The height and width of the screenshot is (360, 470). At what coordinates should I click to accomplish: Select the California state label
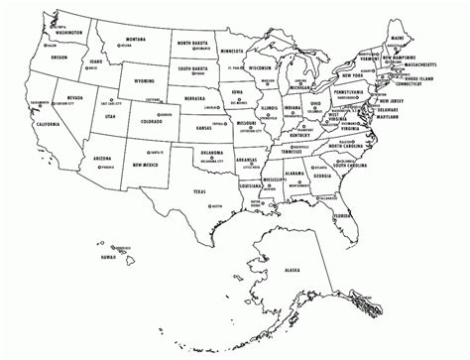click(x=47, y=124)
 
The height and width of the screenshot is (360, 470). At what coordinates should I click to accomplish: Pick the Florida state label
click(x=342, y=215)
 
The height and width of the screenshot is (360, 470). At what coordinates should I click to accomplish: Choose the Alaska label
click(x=292, y=269)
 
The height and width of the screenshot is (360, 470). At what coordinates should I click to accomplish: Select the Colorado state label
click(x=152, y=122)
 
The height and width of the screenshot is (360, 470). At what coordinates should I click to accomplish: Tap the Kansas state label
click(x=202, y=129)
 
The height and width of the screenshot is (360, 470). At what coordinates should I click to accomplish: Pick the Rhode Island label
click(x=438, y=79)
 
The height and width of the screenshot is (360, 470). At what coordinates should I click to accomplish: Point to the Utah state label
click(x=111, y=117)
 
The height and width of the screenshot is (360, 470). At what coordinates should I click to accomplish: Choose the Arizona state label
click(x=102, y=158)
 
